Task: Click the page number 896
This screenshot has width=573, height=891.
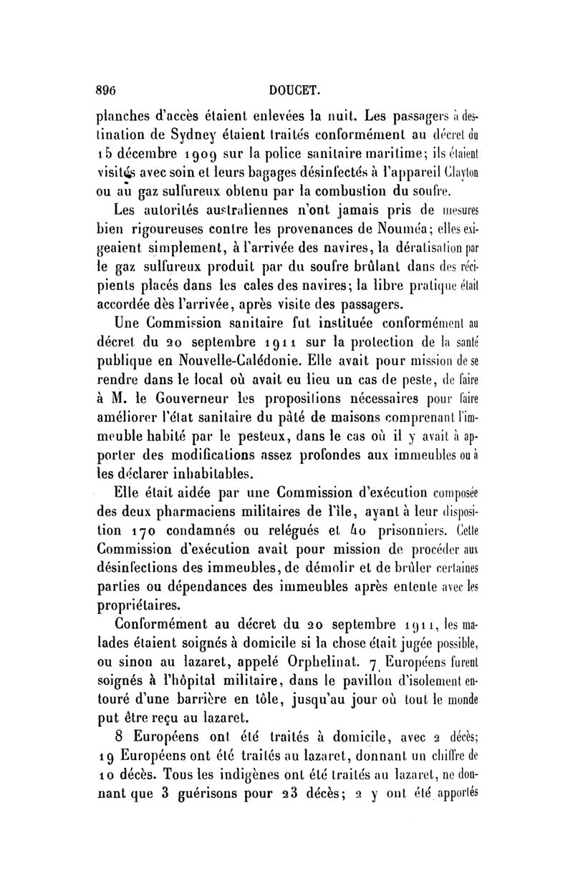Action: point(108,89)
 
